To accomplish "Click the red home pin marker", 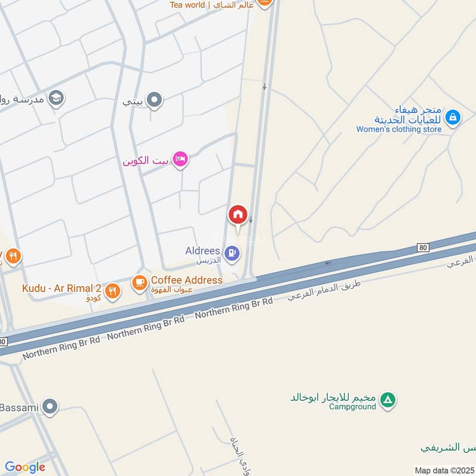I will [237, 214].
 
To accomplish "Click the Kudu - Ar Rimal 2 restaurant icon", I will [112, 291].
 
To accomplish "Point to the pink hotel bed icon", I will [181, 159].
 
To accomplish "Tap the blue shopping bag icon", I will [453, 118].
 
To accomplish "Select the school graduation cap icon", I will [56, 98].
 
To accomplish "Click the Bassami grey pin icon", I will [51, 407].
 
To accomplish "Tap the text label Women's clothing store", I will [399, 129].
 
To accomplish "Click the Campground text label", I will [353, 407].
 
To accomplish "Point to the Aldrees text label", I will [202, 251].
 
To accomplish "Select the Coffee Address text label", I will [186, 280].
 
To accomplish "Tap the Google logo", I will [25, 467].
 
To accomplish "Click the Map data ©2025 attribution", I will [443, 470].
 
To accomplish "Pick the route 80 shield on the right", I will [423, 248].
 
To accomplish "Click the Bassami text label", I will [19, 408].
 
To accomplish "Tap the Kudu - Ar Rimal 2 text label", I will [62, 289].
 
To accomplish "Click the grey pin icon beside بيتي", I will [154, 100].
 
